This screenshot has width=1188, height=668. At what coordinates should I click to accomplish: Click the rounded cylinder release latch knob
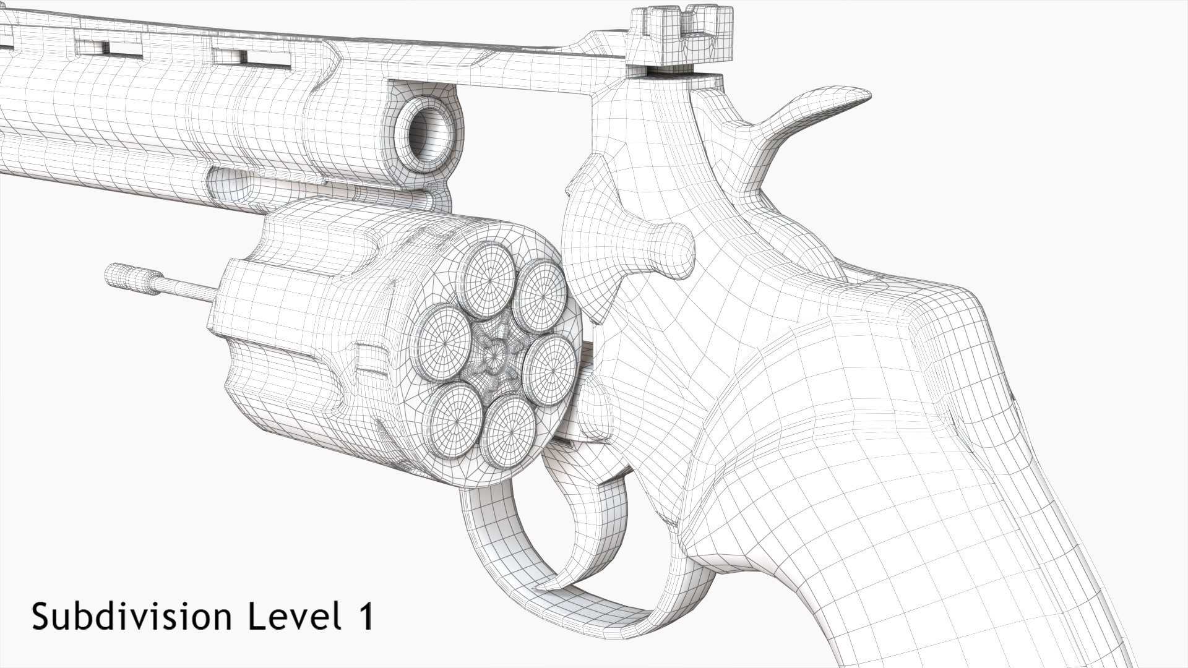click(x=671, y=250)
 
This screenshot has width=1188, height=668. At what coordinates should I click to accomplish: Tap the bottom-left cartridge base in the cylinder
click(x=457, y=415)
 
